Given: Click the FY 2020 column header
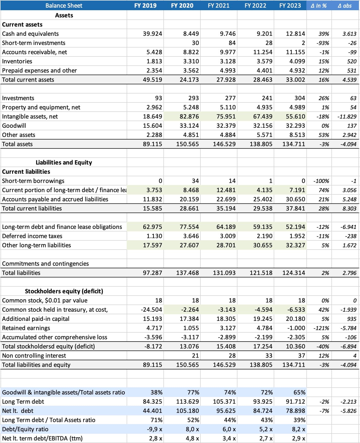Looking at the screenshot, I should coord(182,6).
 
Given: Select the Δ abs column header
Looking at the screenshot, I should coord(345,6).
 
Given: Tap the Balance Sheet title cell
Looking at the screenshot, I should coord(64,6).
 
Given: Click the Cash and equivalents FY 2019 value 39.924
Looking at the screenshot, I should coord(152,34).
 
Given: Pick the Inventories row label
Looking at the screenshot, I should coord(17,61).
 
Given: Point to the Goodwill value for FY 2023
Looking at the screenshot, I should coord(295,126).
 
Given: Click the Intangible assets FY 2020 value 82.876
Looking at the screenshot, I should coord(189,116).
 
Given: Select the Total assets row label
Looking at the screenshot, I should coord(17,144).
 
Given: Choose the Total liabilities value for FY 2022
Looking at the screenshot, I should coord(261,273).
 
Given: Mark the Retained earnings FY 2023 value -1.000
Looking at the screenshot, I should coord(296,328).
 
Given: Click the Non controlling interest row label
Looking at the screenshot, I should coord(34,356).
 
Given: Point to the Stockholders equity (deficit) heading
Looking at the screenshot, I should coord(64,291).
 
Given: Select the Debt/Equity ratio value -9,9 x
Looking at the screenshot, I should coord(154,429).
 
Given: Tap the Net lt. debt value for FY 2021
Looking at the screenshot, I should coord(224,411).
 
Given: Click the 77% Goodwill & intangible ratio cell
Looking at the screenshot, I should coord(193,392).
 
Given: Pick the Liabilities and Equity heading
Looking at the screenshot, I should coord(64,162).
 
